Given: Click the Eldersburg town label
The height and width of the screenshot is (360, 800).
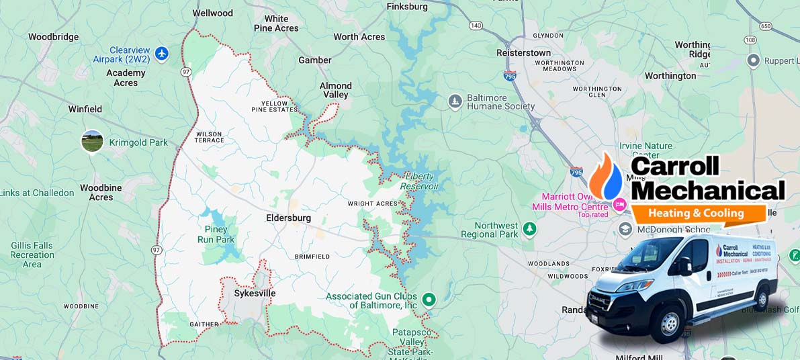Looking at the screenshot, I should [x=288, y=218].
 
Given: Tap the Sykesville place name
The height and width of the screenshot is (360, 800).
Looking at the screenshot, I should [x=255, y=294].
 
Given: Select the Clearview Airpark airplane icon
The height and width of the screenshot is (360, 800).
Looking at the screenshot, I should [x=161, y=53].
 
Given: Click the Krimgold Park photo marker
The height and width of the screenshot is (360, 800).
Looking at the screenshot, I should [x=92, y=141].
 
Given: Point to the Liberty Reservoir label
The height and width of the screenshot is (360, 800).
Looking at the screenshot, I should [x=418, y=181].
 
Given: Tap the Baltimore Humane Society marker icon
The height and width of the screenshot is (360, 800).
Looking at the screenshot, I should [x=455, y=101].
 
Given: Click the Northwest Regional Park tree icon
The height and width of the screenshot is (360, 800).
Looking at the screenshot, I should [x=530, y=230].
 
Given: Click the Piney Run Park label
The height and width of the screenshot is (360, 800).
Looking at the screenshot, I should [x=216, y=234].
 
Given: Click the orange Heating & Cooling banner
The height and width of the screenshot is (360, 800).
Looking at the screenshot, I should [x=697, y=214].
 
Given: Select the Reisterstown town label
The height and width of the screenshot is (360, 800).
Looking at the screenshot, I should [x=523, y=52].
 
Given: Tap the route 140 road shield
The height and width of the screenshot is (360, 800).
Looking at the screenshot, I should [x=476, y=26].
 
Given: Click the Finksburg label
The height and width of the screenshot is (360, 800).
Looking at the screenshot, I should [x=407, y=7].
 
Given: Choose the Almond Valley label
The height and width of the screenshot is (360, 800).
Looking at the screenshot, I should [x=335, y=90].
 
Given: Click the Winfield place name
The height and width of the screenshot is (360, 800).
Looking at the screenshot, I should [x=85, y=109].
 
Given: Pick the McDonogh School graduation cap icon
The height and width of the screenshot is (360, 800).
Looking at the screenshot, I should [x=625, y=230].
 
